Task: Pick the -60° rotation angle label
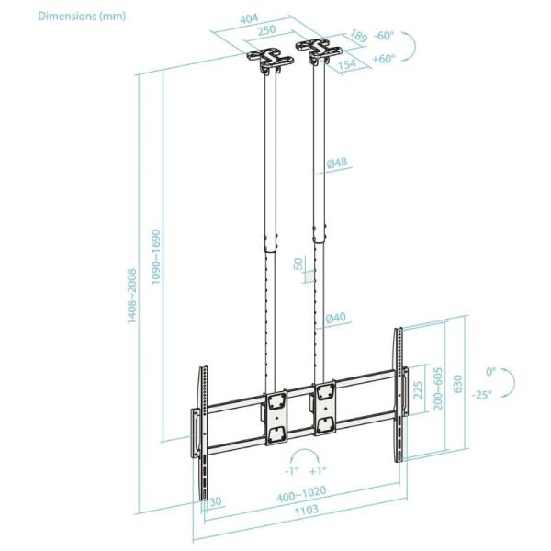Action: pyautogui.click(x=384, y=36)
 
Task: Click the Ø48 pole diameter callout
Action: pyautogui.click(x=336, y=164)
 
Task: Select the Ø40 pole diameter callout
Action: pyautogui.click(x=336, y=318)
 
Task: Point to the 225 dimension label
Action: pyautogui.click(x=419, y=392)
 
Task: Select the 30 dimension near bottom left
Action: pyautogui.click(x=215, y=501)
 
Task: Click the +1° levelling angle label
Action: pyautogui.click(x=322, y=469)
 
